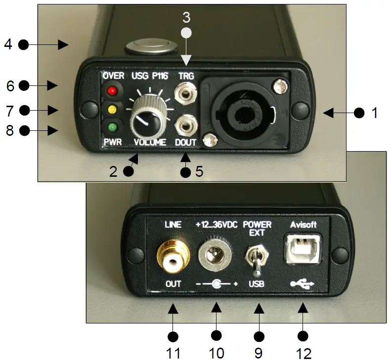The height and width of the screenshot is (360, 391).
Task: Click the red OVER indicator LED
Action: (x=112, y=91)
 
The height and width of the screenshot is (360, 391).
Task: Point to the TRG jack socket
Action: (x=185, y=93)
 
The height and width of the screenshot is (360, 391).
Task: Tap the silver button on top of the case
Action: (x=149, y=47)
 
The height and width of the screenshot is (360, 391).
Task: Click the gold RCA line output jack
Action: (x=173, y=256)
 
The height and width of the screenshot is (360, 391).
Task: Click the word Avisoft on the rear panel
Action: (x=302, y=224)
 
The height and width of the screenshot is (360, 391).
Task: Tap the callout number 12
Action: (x=304, y=354)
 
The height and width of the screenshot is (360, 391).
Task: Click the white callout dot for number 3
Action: (x=185, y=33)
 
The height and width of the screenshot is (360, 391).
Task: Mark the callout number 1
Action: (x=374, y=113)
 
